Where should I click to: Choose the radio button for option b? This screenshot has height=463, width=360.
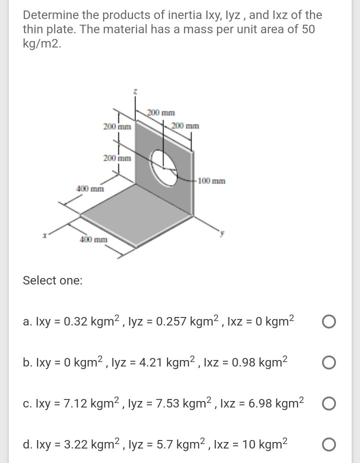click(x=328, y=362)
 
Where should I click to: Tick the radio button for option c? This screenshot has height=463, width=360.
click(x=328, y=403)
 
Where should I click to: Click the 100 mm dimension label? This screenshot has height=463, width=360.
click(x=211, y=180)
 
